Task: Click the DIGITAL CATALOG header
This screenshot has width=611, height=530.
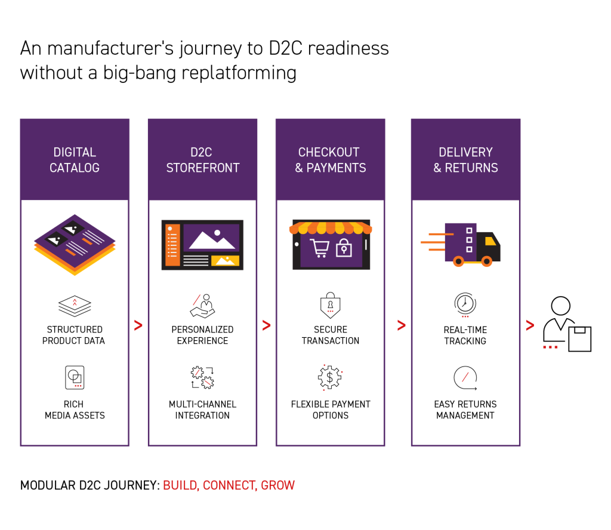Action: point(74,160)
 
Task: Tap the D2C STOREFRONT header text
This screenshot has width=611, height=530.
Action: point(202,160)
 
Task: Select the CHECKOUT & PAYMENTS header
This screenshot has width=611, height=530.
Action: point(330,160)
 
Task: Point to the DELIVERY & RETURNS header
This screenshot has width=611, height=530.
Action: point(465,160)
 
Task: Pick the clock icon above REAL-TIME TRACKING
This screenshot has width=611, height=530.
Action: point(465,304)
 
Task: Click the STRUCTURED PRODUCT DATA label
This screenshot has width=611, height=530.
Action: point(74,335)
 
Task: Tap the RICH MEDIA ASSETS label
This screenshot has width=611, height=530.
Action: point(75,409)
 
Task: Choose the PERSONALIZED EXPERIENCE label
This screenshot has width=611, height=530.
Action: point(202,335)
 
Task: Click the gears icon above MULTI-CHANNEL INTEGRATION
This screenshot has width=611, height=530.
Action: point(202,378)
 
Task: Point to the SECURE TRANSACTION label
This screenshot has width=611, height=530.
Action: point(330,335)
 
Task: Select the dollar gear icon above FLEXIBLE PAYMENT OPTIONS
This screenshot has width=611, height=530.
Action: point(330,377)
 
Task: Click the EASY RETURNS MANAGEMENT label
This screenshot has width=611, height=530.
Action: point(465,409)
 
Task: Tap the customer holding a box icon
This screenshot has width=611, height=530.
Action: point(566,325)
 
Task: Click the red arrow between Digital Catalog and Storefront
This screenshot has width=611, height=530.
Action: point(138,325)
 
